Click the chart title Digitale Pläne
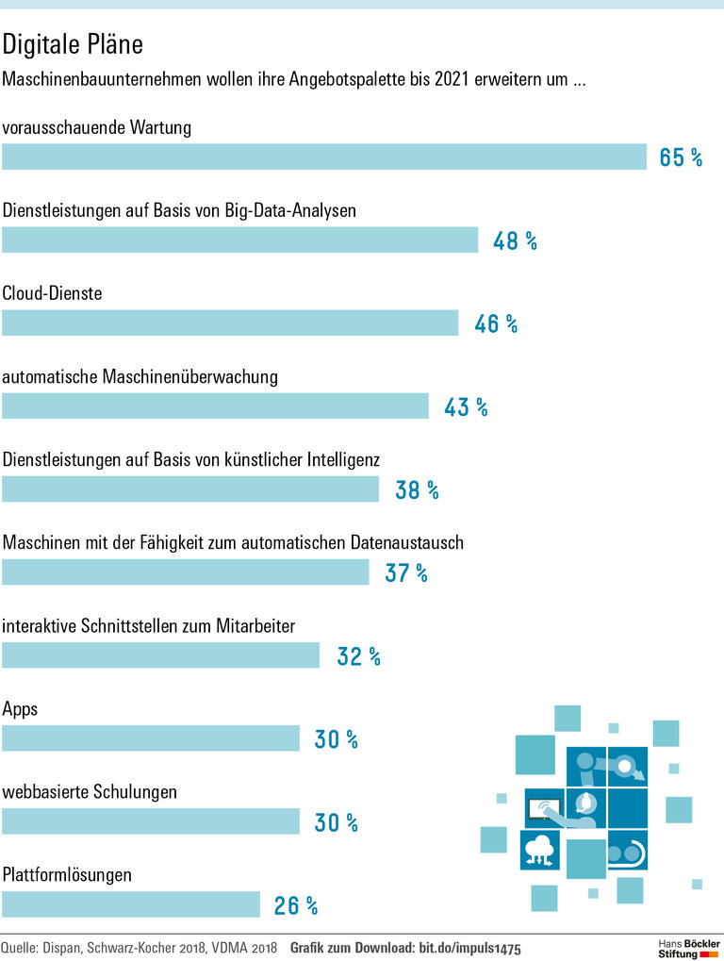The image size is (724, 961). [x=73, y=44]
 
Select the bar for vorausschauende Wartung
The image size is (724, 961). [x=323, y=157]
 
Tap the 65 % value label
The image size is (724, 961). [x=681, y=157]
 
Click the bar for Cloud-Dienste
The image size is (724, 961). [x=230, y=323]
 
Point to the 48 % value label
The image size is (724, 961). [x=515, y=240]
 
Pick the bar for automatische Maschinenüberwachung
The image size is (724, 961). [x=215, y=406]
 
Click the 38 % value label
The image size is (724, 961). [x=417, y=489]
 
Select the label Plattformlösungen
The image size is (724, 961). [x=67, y=875]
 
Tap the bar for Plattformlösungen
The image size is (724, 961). [x=131, y=904]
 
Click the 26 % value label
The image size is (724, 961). [x=296, y=906]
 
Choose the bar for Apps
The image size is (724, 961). [x=151, y=738]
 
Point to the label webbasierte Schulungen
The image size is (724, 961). [x=90, y=792]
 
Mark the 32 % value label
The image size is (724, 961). [x=358, y=656]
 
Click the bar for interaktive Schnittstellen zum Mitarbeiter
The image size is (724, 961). [x=161, y=654]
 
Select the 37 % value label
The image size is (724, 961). [x=406, y=572]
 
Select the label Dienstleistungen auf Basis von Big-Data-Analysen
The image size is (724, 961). [x=179, y=210]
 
